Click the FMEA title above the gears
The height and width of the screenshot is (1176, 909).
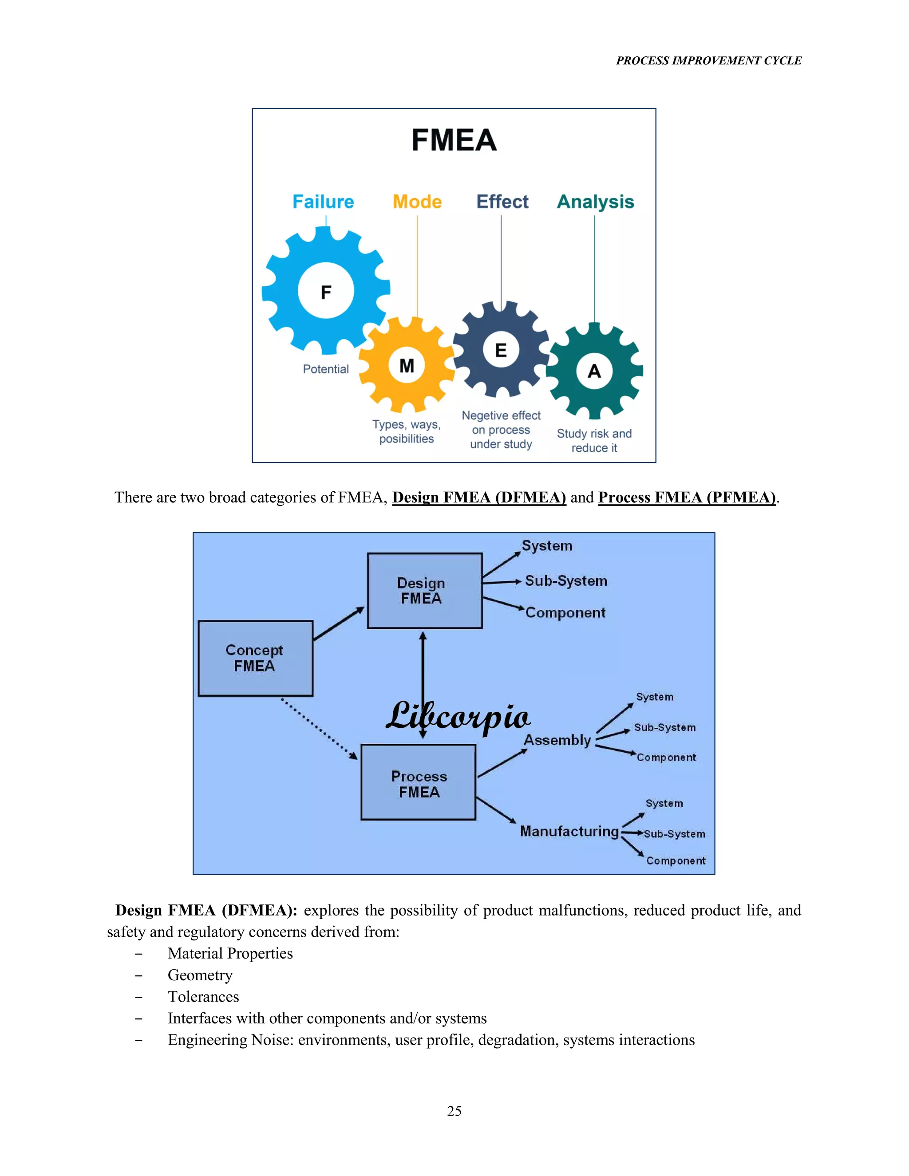click(454, 141)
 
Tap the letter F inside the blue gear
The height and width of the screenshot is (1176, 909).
click(326, 292)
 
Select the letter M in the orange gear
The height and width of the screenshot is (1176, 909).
click(407, 366)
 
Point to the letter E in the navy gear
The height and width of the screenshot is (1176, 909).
click(501, 351)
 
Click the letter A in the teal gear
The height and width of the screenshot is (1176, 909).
click(594, 371)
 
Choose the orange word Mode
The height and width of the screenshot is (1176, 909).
click(417, 202)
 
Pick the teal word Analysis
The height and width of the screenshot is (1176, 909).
click(595, 202)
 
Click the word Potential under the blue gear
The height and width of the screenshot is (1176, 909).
click(325, 369)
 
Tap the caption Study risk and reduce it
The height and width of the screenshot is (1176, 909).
click(594, 441)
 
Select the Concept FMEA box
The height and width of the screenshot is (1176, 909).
click(255, 658)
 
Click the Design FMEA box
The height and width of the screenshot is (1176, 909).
click(424, 591)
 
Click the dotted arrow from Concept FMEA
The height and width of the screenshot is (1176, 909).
click(319, 729)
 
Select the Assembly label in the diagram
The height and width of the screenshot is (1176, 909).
click(557, 740)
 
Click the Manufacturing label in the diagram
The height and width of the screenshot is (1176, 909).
click(569, 831)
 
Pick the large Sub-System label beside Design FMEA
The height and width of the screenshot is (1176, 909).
click(565, 581)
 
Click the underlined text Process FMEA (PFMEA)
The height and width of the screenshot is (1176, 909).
click(687, 497)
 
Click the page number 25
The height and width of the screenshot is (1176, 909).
click(454, 1111)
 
